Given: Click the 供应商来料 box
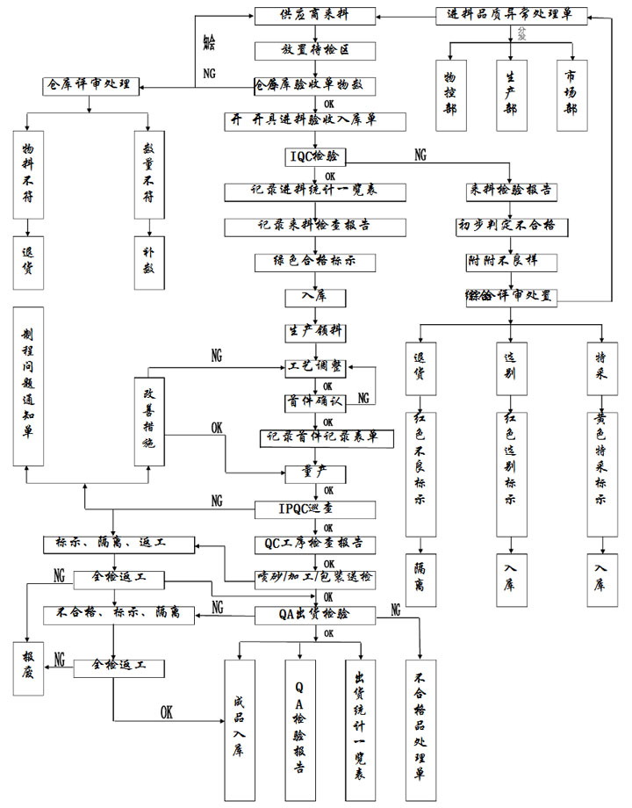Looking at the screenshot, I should [x=316, y=16].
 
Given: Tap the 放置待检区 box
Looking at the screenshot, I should [x=316, y=50].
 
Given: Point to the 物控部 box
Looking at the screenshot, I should [x=450, y=95].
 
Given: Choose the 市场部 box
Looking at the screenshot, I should [x=571, y=95].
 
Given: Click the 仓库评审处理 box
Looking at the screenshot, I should [x=90, y=85].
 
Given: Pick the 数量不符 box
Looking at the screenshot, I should [x=148, y=175].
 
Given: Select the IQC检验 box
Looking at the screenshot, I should [x=317, y=156].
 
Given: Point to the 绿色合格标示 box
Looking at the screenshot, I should [x=316, y=261].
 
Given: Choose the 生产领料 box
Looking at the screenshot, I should [x=316, y=332].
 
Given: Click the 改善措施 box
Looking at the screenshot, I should [x=148, y=415].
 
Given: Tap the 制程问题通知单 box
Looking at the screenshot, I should [x=29, y=386].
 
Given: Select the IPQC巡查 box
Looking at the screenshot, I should [x=316, y=508].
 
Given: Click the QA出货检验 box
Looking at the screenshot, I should [x=316, y=613].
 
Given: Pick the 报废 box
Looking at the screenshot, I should [x=29, y=669].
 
